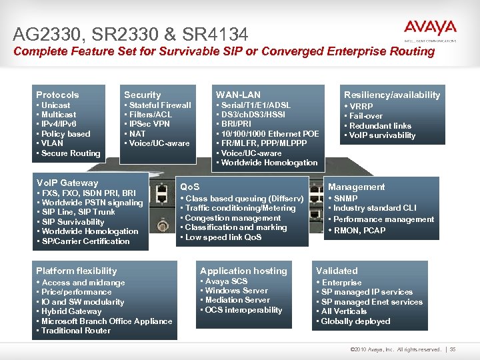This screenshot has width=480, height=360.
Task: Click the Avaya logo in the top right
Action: [x=430, y=29]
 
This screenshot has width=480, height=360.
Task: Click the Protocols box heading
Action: [x=57, y=95]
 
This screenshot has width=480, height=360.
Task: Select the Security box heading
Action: [x=142, y=95]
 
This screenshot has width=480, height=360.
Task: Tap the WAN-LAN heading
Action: [x=238, y=95]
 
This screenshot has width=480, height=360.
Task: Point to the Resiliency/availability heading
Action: [x=391, y=95]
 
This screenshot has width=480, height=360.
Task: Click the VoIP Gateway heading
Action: [x=67, y=183]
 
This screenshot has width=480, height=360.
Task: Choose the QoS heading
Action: [x=190, y=187]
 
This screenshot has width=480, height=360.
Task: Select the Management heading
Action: [x=357, y=187]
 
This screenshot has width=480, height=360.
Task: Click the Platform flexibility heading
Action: [x=76, y=271]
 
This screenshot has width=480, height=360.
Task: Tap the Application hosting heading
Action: [x=243, y=271]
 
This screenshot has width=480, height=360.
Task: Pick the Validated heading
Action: [x=337, y=271]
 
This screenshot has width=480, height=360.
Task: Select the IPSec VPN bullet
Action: [x=149, y=124]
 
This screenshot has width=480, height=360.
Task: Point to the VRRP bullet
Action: [x=361, y=106]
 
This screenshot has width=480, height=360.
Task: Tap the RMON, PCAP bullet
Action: [x=359, y=231]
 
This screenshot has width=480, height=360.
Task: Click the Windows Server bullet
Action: [x=236, y=291]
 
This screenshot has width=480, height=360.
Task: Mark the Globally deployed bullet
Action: [x=355, y=321]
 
